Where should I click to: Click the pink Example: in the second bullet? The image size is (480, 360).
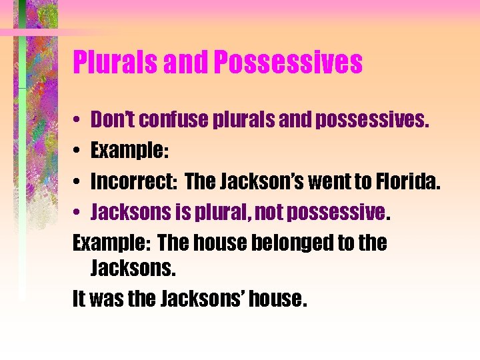pyautogui.click(x=129, y=151)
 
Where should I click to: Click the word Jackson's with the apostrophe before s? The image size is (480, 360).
pyautogui.click(x=233, y=181)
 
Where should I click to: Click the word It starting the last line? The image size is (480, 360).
pyautogui.click(x=79, y=299)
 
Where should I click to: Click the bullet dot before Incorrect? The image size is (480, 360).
pyautogui.click(x=77, y=182)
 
